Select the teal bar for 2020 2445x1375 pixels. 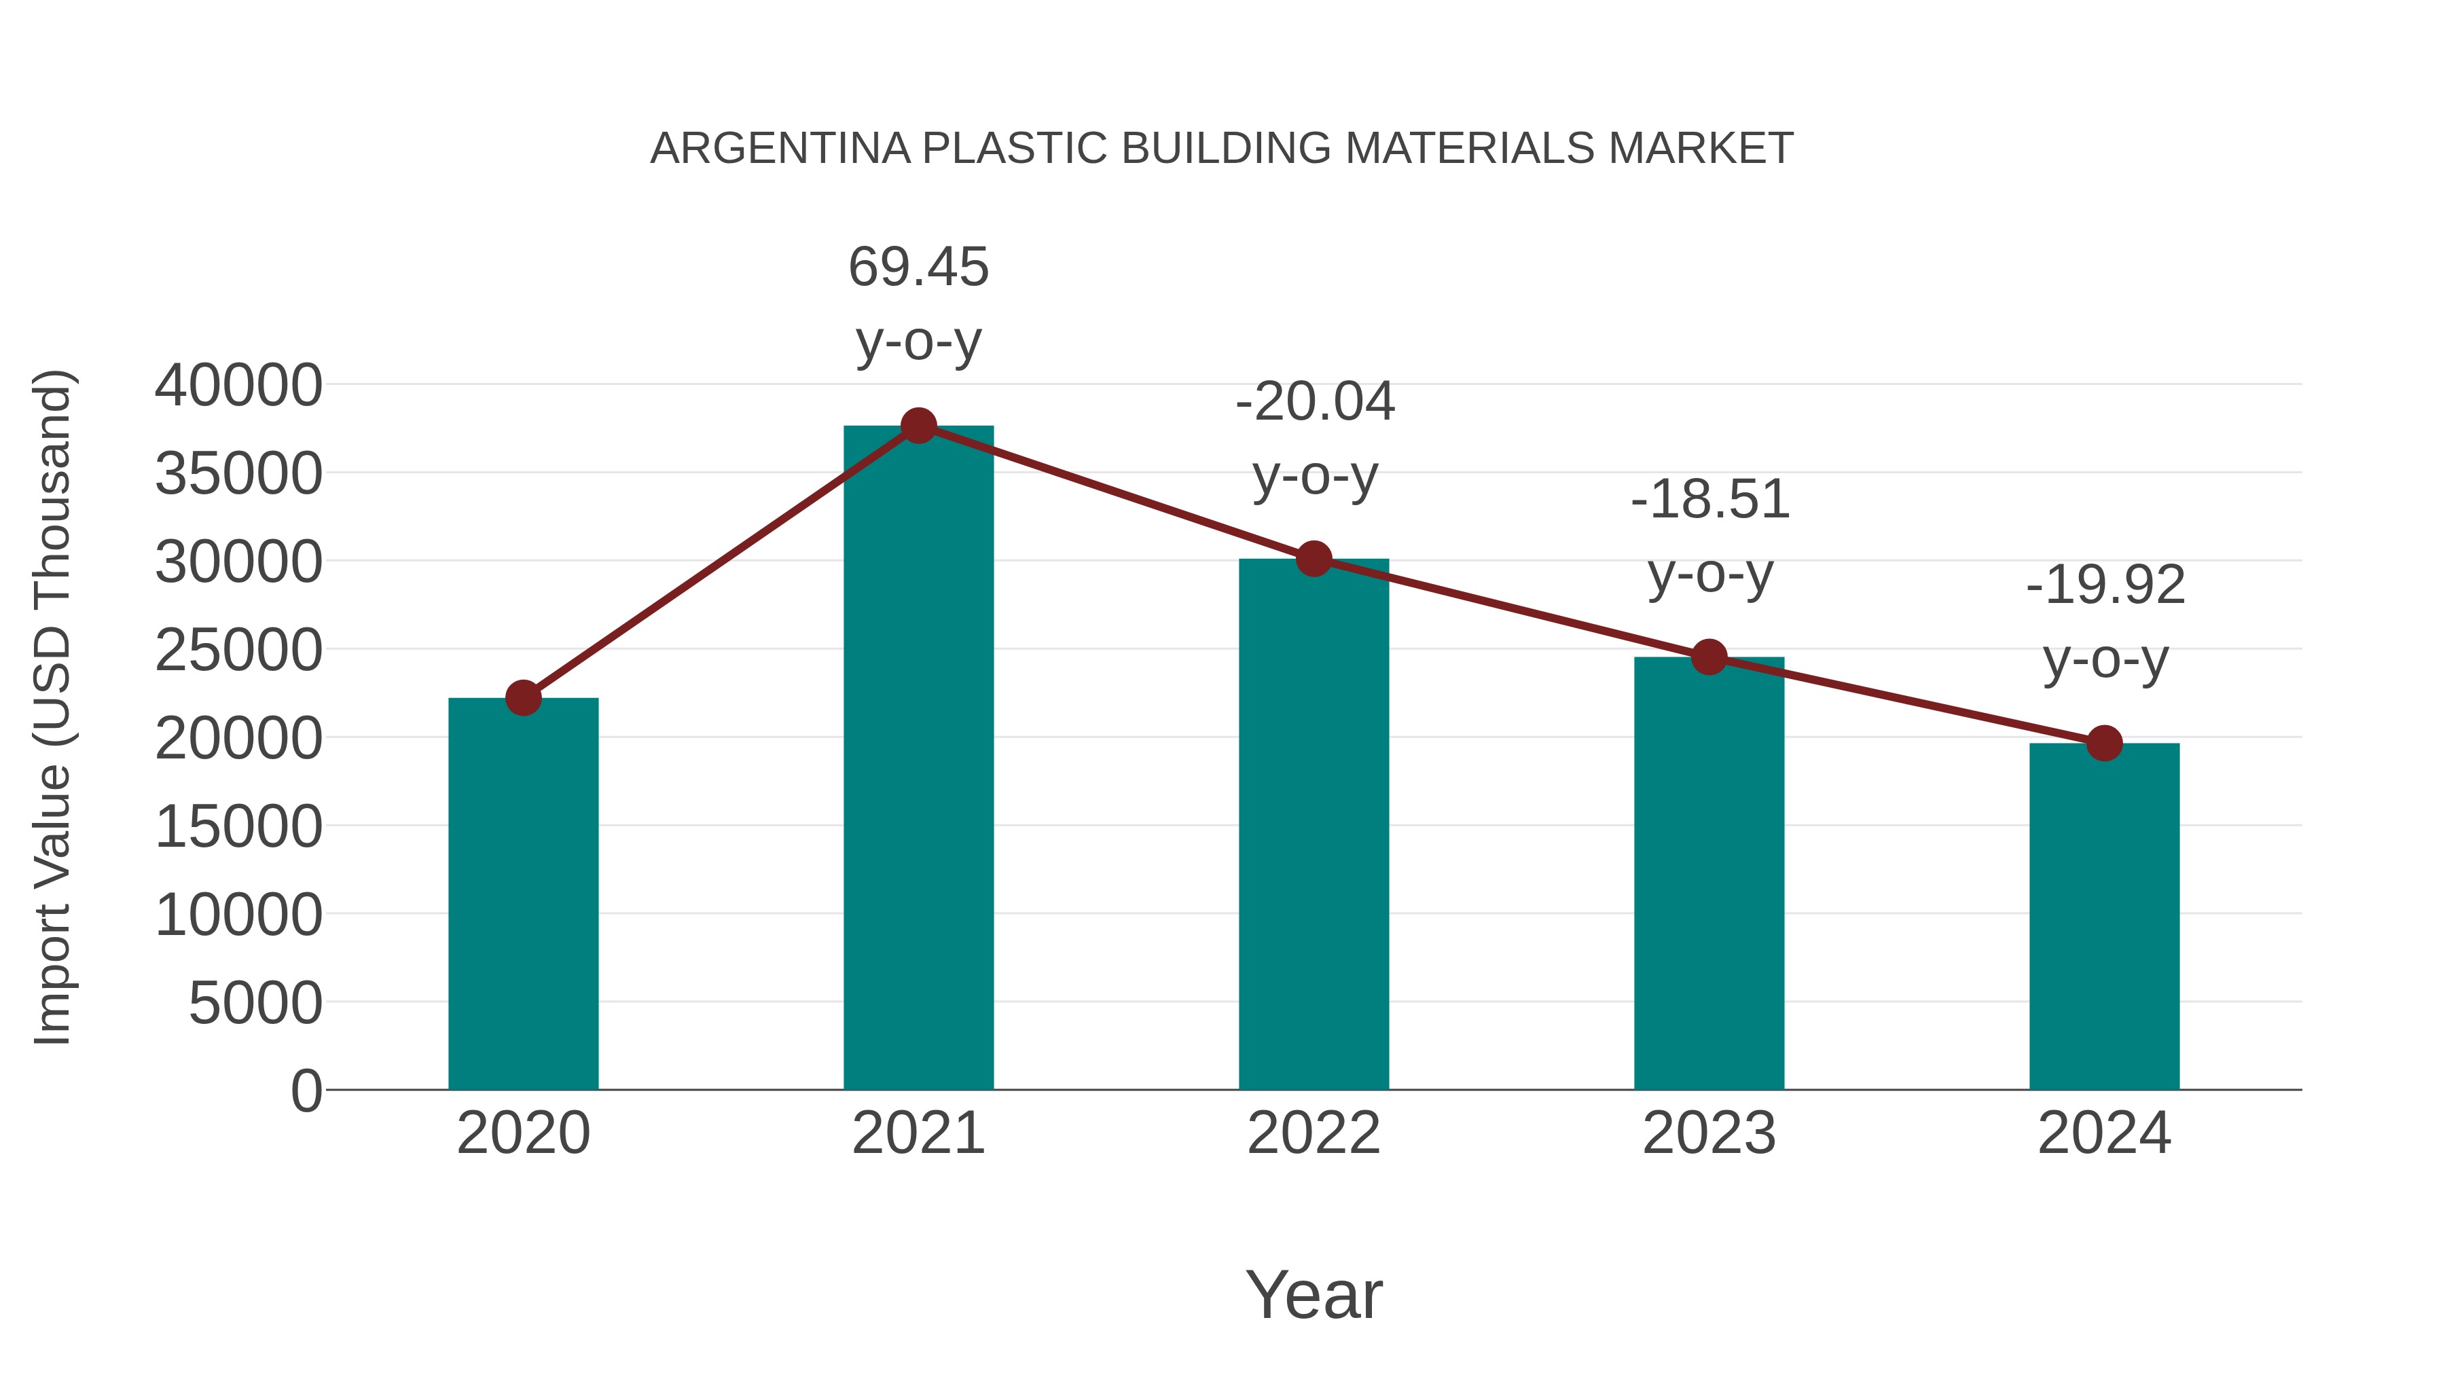(523, 893)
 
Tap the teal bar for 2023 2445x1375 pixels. (1709, 873)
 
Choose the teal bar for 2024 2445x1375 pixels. (2104, 916)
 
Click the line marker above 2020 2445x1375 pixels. (523, 697)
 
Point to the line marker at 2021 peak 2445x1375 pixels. (918, 426)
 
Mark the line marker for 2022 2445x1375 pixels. (1314, 559)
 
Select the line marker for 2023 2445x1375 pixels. (1709, 657)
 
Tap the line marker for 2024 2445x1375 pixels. (2104, 743)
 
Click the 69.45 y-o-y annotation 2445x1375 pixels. (918, 303)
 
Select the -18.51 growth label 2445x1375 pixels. (1709, 536)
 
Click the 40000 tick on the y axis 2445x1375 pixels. (238, 386)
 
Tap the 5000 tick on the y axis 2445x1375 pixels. (255, 1003)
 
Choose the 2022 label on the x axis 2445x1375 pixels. (1314, 1133)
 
